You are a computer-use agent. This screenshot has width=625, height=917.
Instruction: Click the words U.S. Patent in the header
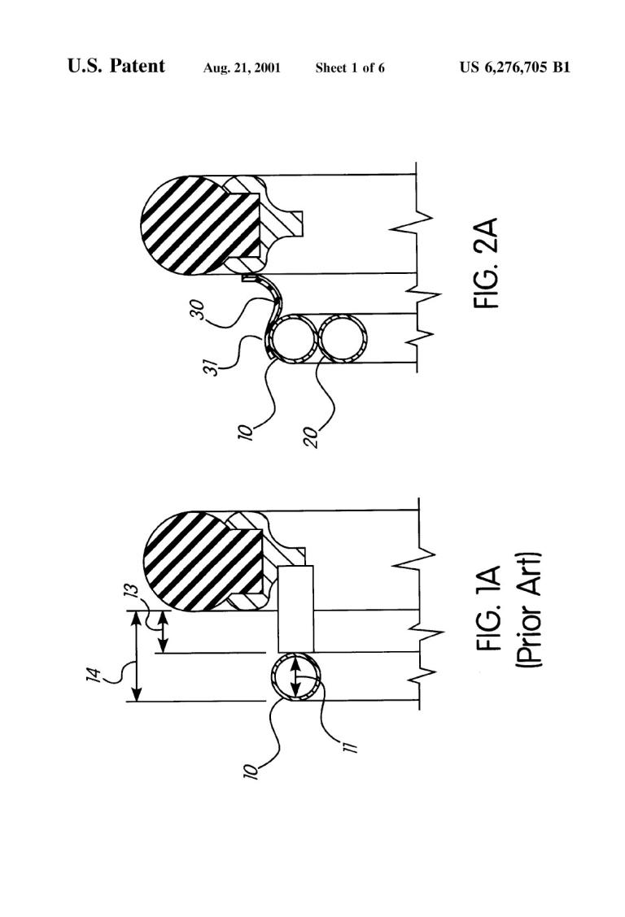(116, 66)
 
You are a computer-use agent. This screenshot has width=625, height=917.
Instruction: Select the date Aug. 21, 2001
(242, 67)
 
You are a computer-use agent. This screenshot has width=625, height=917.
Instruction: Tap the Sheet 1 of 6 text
(350, 67)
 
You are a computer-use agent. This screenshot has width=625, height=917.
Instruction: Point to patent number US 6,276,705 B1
(514, 67)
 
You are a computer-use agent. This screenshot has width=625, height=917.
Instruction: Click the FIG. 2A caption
(487, 263)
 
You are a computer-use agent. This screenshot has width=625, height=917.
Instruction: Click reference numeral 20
(312, 437)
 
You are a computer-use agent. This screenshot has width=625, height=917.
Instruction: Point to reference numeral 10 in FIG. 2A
(247, 431)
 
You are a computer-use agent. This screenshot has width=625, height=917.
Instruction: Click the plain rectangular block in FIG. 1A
(295, 609)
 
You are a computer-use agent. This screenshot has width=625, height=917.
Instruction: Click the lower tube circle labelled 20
(341, 339)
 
